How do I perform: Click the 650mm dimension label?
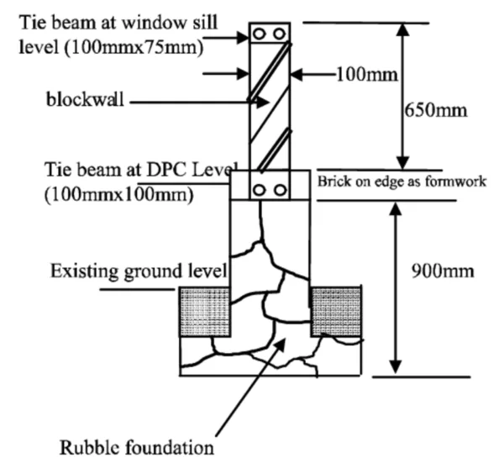[435, 110]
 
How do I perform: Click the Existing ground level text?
[139, 271]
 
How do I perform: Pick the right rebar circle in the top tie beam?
[281, 34]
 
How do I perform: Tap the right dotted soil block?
[336, 310]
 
